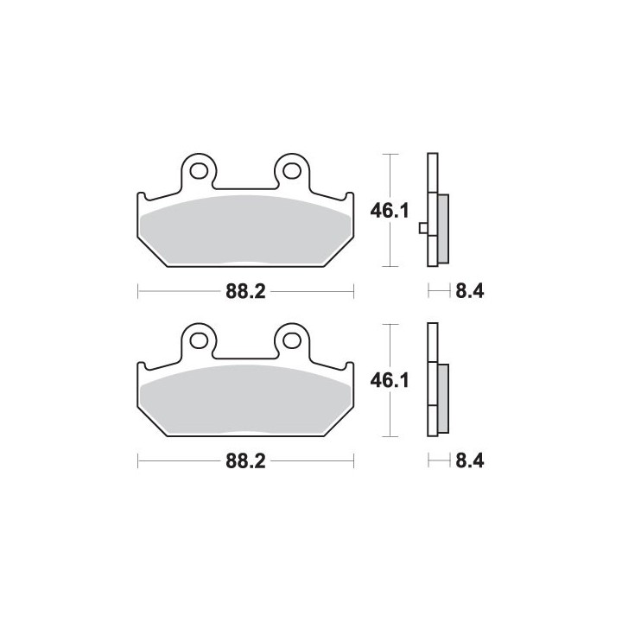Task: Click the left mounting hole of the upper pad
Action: point(199,171)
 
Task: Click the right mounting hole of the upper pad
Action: point(292,171)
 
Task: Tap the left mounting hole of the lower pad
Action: point(199,340)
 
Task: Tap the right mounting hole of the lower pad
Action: point(292,340)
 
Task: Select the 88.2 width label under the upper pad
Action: point(245,292)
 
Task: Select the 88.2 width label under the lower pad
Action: point(245,461)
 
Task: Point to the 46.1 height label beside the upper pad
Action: point(389,211)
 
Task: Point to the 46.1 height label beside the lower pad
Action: point(389,381)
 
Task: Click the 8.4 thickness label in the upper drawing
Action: point(470,292)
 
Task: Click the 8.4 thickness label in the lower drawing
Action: point(470,461)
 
